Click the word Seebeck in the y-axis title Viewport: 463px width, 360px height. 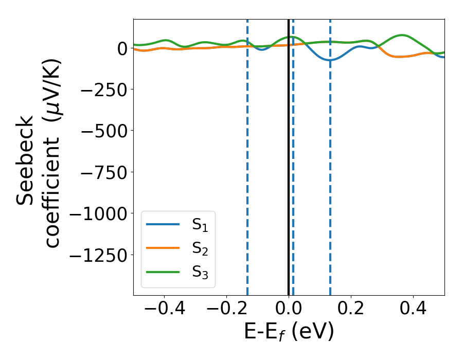(26, 160)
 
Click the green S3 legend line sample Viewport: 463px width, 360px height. (163, 272)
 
